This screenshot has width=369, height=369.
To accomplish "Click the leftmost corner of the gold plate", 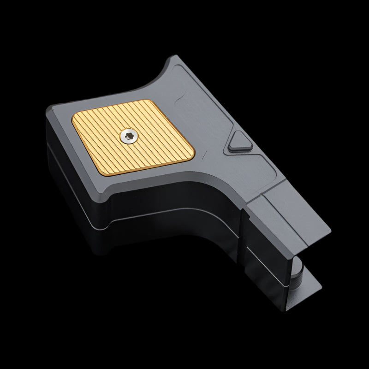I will click(x=72, y=121).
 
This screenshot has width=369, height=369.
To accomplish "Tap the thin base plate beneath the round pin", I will click(x=304, y=295).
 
